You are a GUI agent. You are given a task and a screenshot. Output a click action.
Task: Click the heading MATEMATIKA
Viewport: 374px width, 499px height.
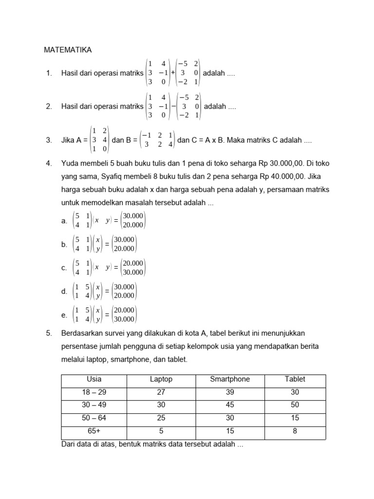(x=68, y=50)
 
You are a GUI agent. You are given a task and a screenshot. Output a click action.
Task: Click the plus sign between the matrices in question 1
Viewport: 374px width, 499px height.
(x=173, y=73)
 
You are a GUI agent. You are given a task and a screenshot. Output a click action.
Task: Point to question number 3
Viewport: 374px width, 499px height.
(x=49, y=140)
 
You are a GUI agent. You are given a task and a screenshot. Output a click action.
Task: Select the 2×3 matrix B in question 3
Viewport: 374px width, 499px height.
(x=157, y=140)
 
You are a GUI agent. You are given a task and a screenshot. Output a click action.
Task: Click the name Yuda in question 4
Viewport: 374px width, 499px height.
(x=70, y=163)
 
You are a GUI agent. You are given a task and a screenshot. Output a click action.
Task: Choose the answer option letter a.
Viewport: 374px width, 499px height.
(x=64, y=221)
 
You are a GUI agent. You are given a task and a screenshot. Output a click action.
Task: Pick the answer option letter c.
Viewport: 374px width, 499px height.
(x=64, y=268)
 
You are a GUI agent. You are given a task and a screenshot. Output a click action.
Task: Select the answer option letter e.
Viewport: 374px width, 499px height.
(x=64, y=315)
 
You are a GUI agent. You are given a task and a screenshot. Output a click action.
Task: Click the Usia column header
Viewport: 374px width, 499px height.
(x=94, y=379)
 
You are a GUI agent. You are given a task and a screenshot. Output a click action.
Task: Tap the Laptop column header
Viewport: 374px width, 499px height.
(x=161, y=379)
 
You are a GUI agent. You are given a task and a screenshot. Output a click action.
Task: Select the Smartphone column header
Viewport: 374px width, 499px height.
(x=230, y=379)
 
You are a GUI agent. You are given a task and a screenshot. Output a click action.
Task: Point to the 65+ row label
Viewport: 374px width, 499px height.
(x=94, y=431)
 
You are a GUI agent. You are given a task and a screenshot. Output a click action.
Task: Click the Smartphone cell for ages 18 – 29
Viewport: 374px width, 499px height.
(x=230, y=392)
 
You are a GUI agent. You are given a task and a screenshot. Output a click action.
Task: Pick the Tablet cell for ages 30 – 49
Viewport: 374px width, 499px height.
(x=295, y=405)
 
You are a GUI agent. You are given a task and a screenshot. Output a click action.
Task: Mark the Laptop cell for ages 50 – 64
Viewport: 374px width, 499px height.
(x=161, y=418)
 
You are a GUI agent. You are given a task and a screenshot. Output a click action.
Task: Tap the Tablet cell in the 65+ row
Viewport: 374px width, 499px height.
(x=295, y=431)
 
